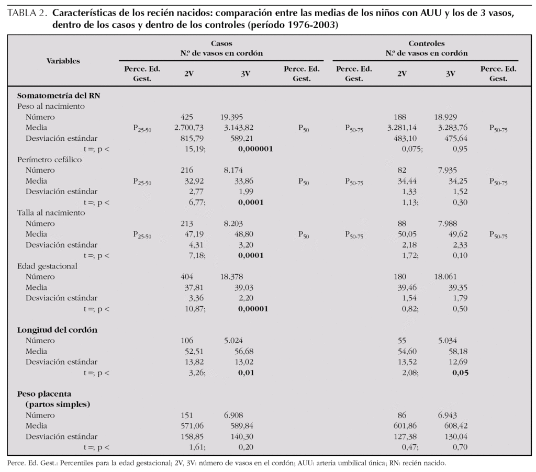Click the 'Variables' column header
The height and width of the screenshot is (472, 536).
[x=63, y=61]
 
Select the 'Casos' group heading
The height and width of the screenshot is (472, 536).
[x=221, y=44]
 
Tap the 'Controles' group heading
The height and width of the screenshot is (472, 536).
[x=426, y=44]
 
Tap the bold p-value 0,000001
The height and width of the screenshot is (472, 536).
[x=255, y=149]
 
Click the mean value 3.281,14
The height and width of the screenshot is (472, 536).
[x=402, y=128]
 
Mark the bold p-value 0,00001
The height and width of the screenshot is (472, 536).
[x=253, y=309]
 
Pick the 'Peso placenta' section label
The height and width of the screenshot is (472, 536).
[x=44, y=394]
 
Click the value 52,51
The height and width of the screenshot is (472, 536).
[x=193, y=351]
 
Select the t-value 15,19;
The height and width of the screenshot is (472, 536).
[x=194, y=149]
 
